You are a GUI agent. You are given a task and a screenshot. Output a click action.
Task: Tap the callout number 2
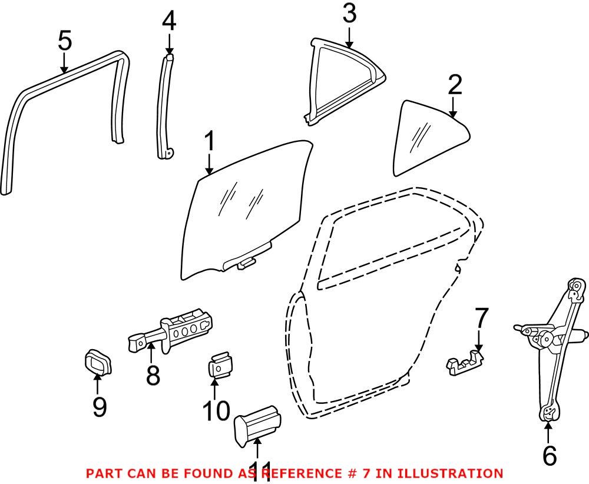click(x=454, y=87)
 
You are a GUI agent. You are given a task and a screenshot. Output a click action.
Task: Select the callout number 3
click(x=349, y=14)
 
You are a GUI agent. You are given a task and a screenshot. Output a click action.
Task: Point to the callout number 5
click(x=65, y=42)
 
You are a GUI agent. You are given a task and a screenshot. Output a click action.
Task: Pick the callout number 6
click(x=548, y=455)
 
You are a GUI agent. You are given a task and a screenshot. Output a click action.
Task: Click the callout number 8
click(x=153, y=374)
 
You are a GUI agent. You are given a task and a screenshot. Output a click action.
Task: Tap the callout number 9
click(x=98, y=406)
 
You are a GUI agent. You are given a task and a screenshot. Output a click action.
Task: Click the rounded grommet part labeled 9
click(x=97, y=362)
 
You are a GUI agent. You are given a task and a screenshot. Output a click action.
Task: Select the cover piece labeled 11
click(x=257, y=425)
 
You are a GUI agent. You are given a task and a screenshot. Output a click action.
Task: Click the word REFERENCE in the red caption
click(x=305, y=473)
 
